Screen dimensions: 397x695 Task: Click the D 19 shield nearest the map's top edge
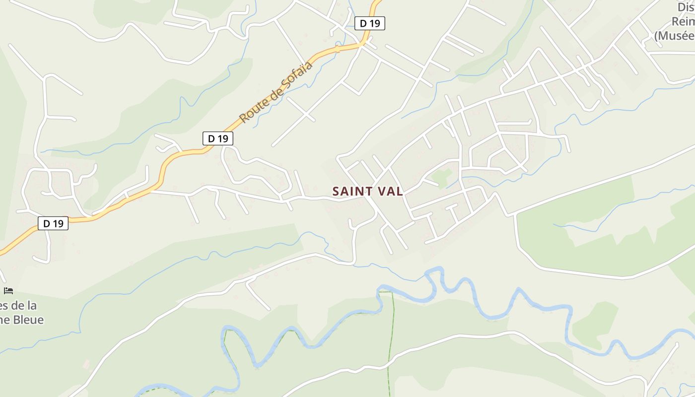(x=370, y=23)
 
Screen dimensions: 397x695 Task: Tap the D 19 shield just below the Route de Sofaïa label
(x=218, y=138)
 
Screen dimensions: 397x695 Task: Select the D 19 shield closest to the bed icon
(x=53, y=223)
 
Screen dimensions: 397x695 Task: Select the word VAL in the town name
(x=390, y=192)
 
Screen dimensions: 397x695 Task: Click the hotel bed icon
(x=8, y=291)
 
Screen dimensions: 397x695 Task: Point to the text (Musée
(x=674, y=36)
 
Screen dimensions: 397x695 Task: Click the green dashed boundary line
(x=390, y=337)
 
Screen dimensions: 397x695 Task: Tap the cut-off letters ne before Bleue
(x=5, y=320)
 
